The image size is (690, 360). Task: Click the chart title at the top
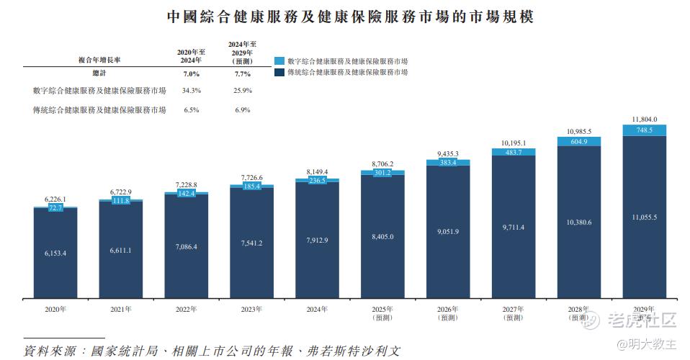pos(351,16)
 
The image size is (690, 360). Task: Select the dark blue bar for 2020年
pos(55,252)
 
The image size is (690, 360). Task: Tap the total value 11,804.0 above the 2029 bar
pos(644,120)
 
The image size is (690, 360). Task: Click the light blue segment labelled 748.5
pos(644,130)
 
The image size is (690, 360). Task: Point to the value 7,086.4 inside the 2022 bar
pos(186,247)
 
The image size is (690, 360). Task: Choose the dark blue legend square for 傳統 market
pos(280,73)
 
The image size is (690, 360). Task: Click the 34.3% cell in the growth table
pos(191,91)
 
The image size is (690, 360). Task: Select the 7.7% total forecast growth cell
pos(242,74)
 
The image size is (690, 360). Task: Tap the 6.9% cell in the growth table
pos(242,110)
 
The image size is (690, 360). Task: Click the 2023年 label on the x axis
pos(251,309)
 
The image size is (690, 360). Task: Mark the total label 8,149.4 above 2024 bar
pos(317,172)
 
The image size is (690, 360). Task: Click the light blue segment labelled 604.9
pos(579,142)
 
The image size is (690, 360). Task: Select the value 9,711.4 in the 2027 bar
pos(514,228)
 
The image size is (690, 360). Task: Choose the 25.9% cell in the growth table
pos(242,91)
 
